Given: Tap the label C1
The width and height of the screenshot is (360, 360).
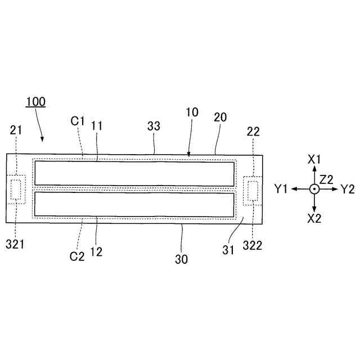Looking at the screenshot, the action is coord(77,120).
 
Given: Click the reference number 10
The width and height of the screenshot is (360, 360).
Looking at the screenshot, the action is coord(192,112).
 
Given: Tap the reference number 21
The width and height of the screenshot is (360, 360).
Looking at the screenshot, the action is coord(16,130).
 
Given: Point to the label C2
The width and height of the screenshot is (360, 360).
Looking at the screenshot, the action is coord(77,256).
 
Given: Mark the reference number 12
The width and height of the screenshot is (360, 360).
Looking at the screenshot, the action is coord(96,252).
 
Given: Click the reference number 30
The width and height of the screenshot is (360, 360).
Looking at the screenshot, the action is coord(181,259).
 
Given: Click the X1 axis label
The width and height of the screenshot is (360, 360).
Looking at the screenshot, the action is coord(314,159).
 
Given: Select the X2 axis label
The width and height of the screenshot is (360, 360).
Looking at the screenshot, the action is coord(314,219).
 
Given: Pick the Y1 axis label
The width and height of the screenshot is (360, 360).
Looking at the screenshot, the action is coord(282,189).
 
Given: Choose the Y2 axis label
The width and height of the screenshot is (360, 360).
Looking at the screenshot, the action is coord(348,189).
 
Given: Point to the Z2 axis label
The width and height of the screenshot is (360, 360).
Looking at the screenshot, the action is coord(327,179).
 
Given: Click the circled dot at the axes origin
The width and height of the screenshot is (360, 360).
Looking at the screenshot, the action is coord(314,190).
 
